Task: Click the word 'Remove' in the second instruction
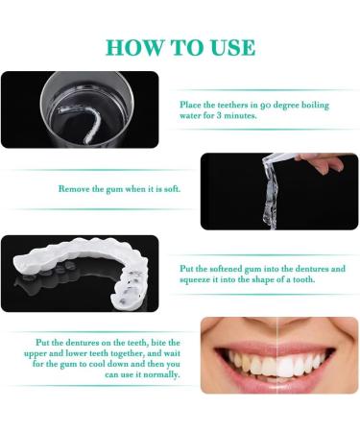pyautogui.click(x=74, y=189)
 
